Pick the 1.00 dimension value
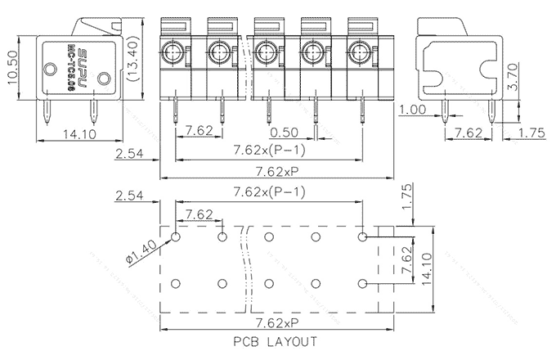point(413,110)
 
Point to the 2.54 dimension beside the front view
point(132,153)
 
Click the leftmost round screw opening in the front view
point(173,55)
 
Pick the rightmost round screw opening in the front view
point(360,55)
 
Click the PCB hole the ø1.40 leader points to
point(176,237)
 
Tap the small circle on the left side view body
point(104,79)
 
